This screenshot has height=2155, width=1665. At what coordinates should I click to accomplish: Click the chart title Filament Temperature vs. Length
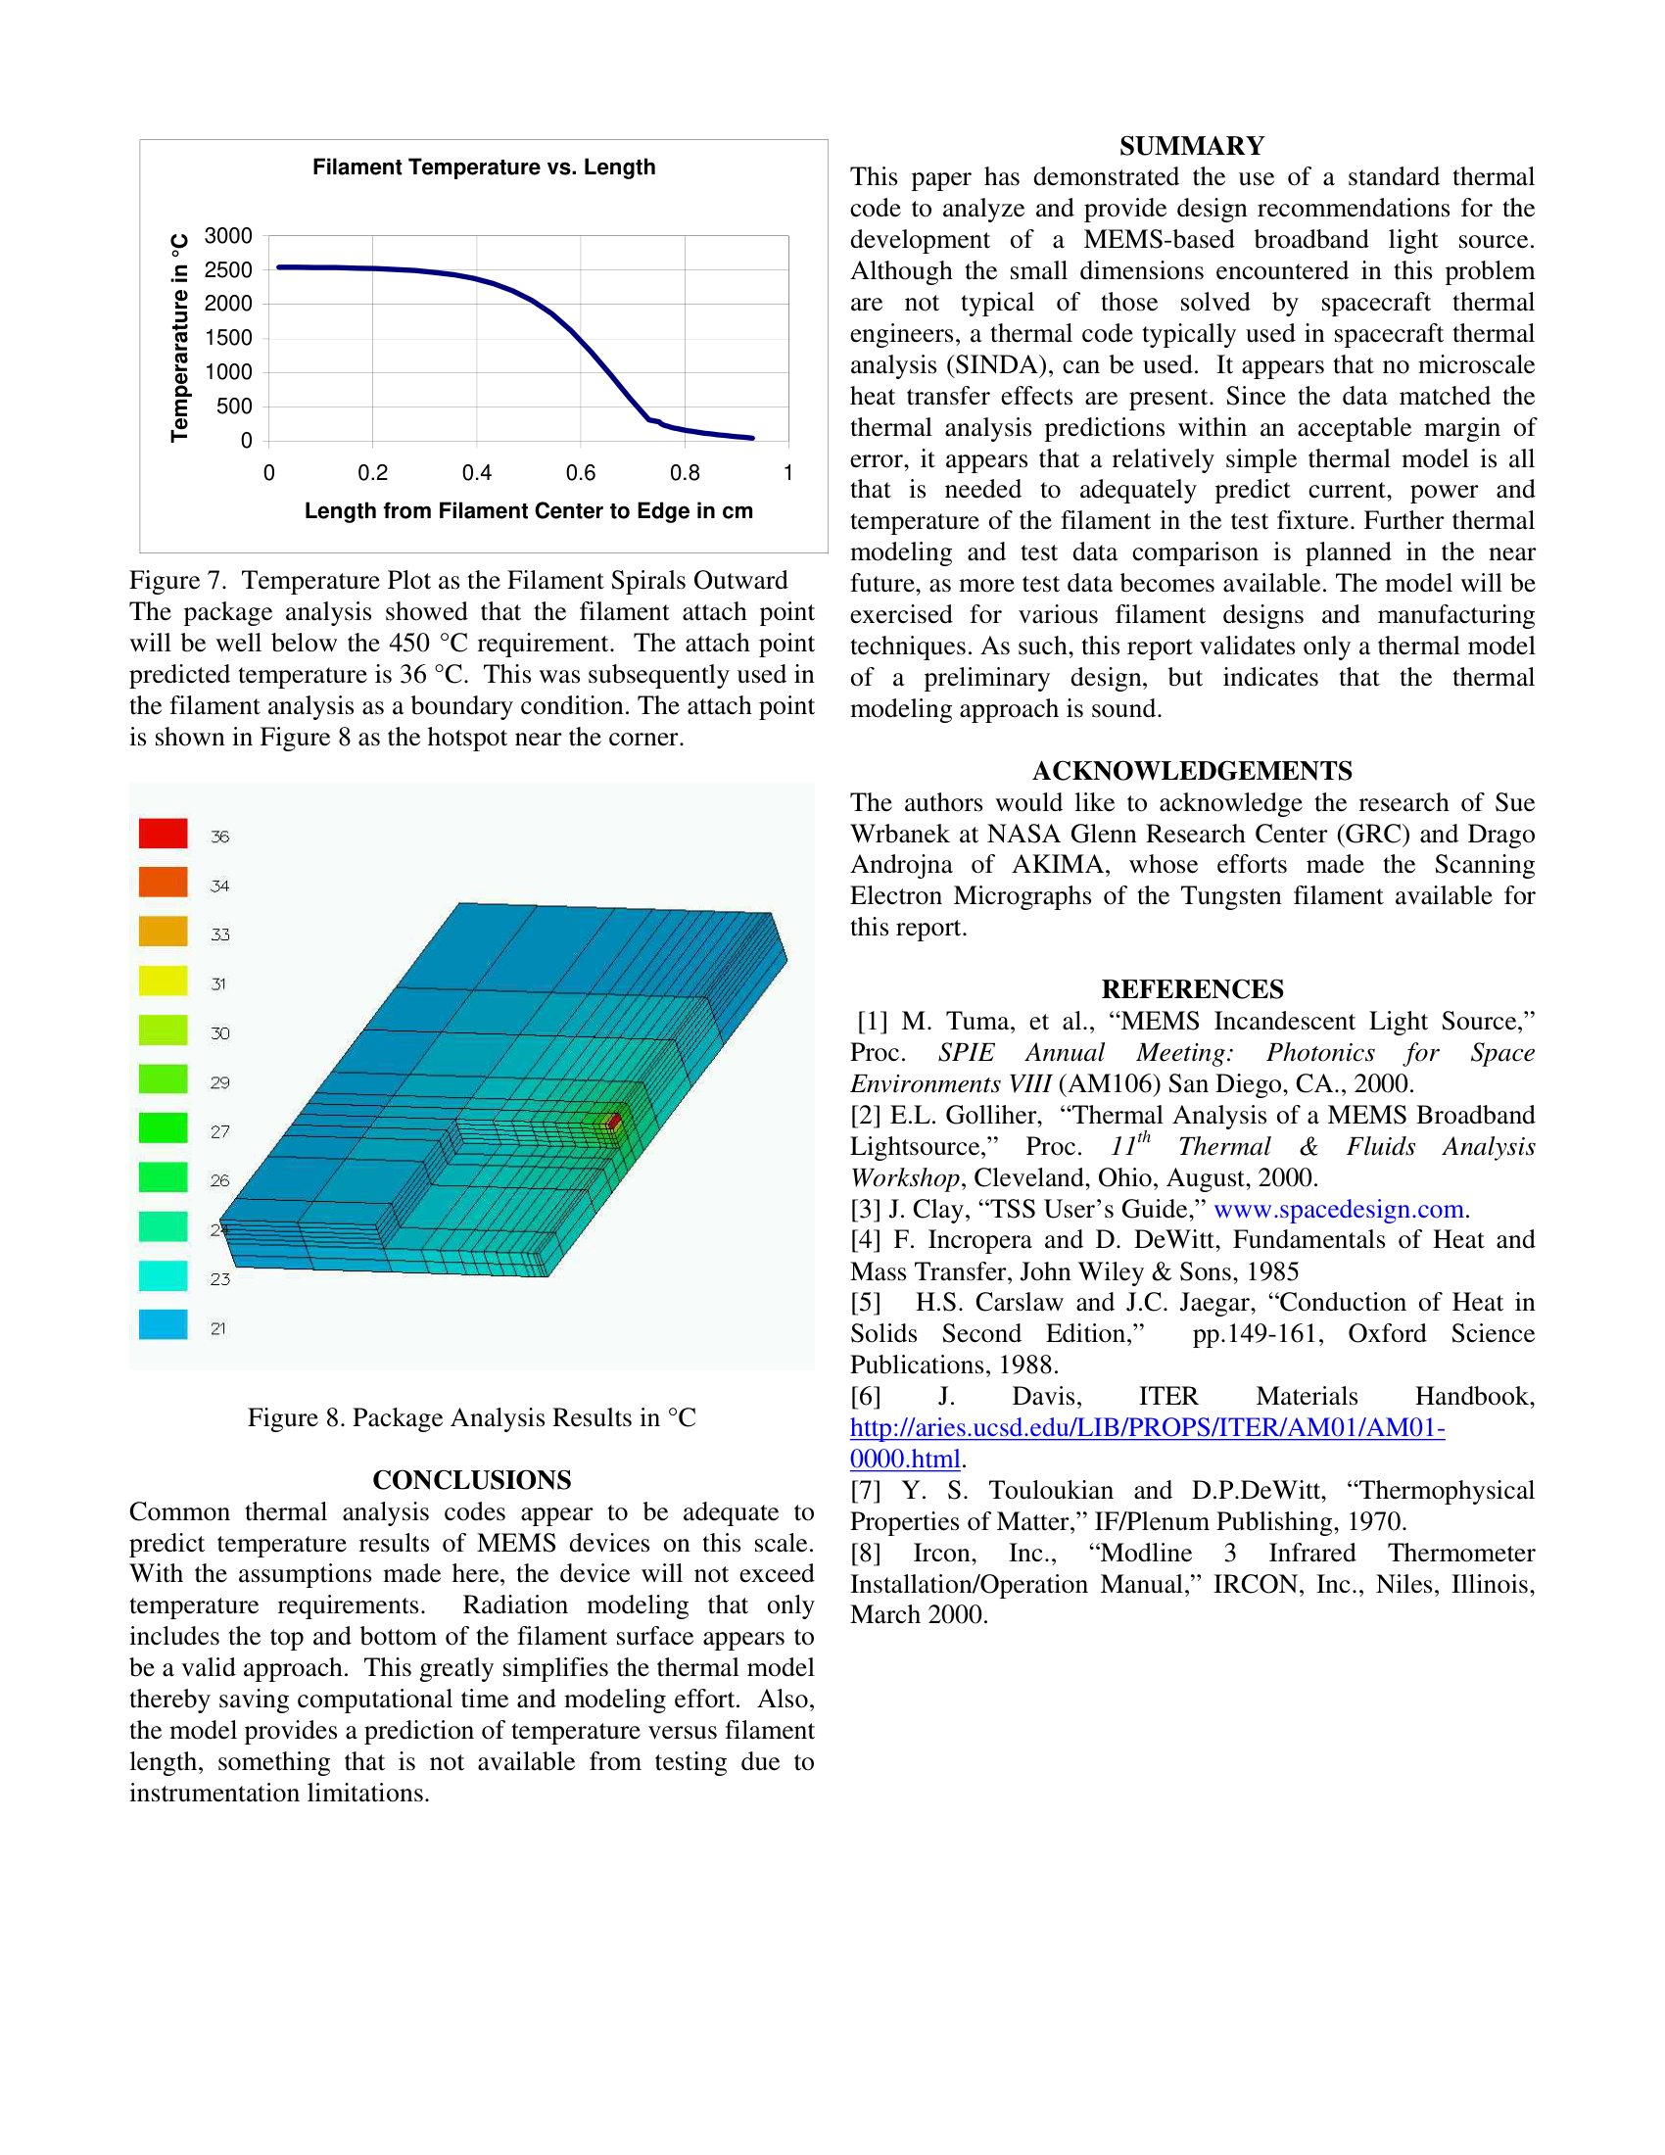[x=483, y=168]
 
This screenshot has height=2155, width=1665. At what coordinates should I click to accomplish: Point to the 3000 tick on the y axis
[x=228, y=236]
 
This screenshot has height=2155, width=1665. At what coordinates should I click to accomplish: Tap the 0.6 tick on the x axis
[x=581, y=474]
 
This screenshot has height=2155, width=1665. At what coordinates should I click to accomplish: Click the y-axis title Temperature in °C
[x=179, y=338]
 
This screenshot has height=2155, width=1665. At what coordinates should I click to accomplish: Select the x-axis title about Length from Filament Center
[x=529, y=511]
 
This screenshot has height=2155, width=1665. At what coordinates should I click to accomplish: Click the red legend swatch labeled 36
[x=163, y=834]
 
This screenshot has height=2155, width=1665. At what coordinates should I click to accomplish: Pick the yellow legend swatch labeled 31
[x=163, y=981]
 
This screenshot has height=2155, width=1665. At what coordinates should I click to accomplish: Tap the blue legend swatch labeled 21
[x=163, y=1325]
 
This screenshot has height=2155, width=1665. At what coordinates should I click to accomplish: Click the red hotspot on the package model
[x=613, y=1121]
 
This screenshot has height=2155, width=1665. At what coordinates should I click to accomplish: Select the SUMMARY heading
[x=1192, y=146]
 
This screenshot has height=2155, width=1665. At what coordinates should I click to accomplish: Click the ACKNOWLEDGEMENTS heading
[x=1192, y=771]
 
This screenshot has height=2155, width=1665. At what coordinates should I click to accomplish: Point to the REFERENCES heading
[x=1192, y=989]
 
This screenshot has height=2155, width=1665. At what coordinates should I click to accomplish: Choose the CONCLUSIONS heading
[x=471, y=1480]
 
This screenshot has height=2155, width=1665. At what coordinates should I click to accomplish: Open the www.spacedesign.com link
[x=1338, y=1210]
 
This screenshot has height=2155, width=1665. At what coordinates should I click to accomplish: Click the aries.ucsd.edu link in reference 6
[x=1147, y=1429]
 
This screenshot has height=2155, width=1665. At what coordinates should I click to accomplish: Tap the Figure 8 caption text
[x=471, y=1418]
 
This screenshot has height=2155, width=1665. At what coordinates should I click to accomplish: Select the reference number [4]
[x=865, y=1240]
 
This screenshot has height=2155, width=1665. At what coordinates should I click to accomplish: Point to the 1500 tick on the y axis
[x=228, y=339]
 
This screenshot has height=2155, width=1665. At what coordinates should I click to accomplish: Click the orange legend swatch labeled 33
[x=163, y=932]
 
